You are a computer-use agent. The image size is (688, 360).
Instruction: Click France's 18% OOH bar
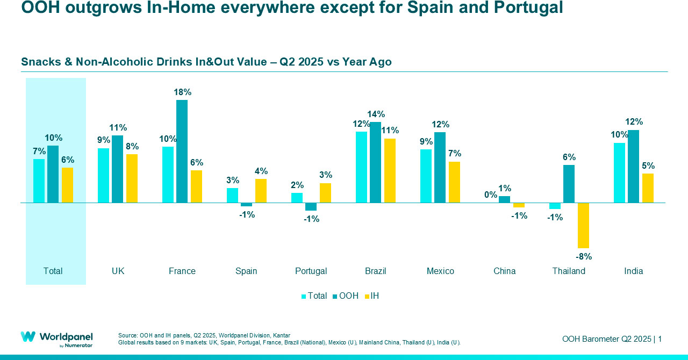[182, 151]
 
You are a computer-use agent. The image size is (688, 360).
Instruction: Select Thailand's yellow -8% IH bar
[583, 225]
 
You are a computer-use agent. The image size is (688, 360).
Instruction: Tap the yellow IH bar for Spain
[261, 191]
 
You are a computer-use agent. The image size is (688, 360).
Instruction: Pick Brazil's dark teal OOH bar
[375, 162]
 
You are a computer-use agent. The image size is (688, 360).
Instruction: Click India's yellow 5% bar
[648, 188]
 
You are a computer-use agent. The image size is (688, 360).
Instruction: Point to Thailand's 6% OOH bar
[569, 184]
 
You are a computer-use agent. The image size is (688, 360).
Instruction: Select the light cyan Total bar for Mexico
[426, 176]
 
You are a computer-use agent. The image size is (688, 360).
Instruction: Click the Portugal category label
[311, 271]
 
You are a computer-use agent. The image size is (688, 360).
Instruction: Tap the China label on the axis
[504, 271]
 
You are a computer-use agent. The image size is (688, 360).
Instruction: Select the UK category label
[118, 271]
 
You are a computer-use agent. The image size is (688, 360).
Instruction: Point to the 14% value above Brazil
[376, 114]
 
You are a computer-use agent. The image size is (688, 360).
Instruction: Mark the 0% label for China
[491, 195]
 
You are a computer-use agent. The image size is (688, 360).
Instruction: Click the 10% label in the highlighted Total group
[53, 138]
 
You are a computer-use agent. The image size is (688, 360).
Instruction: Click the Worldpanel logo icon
[28, 337]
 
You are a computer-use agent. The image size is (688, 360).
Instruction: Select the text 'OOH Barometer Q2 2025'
[606, 339]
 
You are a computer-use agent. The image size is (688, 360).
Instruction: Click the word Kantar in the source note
[281, 335]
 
